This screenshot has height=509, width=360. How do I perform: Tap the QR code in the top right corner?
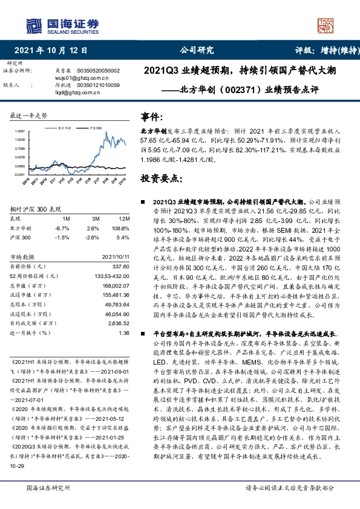(329, 25)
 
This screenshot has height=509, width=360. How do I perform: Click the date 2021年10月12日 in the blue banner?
(50, 51)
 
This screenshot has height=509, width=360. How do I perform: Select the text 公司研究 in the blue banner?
(197, 51)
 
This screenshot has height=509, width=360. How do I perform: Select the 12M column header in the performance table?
(124, 218)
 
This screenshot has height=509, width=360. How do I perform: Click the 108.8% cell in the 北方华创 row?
(122, 227)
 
